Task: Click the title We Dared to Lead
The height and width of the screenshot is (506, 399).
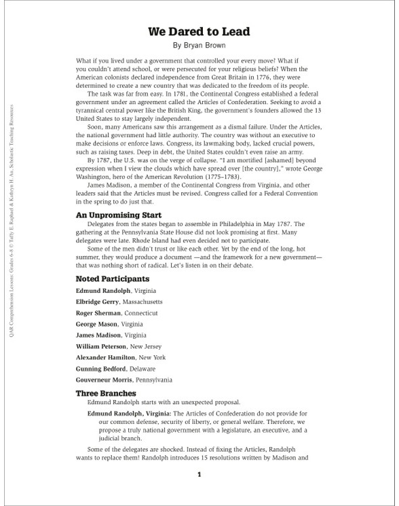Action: (x=199, y=31)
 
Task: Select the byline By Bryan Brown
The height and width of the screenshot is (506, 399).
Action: (x=199, y=46)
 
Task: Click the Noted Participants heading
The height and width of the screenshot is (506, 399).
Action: (x=113, y=278)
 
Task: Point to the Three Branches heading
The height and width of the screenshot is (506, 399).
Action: (x=106, y=393)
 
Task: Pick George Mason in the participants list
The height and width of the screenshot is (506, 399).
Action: (x=96, y=324)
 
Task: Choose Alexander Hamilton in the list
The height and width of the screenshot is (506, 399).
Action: (x=105, y=357)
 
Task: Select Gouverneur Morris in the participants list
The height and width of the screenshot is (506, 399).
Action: (x=104, y=380)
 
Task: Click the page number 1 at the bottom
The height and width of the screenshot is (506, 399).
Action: (x=199, y=475)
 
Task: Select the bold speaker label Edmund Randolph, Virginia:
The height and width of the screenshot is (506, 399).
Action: (x=130, y=414)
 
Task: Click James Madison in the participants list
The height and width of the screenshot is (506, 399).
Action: (x=99, y=335)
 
